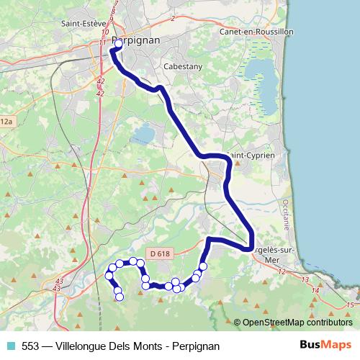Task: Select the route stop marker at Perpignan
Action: (119, 44)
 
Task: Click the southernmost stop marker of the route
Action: (120, 297)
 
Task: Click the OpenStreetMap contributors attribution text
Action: (297, 323)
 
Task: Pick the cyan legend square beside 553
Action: (11, 346)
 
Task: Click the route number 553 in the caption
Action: (31, 346)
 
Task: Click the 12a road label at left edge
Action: (6, 122)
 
